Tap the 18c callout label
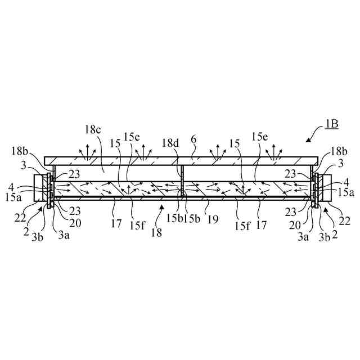(93, 130)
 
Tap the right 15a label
(345, 193)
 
